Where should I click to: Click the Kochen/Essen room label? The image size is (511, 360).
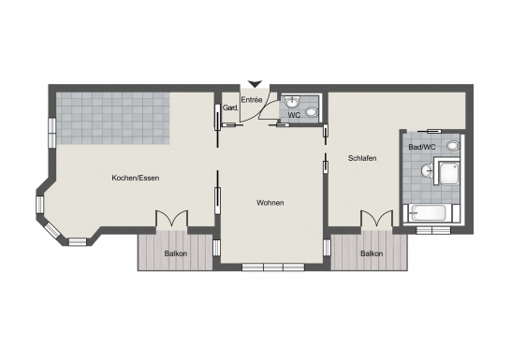tap(132, 178)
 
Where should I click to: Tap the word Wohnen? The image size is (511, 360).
tap(270, 203)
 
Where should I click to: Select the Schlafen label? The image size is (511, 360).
tap(362, 158)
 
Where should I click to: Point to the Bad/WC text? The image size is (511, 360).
tap(421, 147)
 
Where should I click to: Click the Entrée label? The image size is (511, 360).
tap(252, 99)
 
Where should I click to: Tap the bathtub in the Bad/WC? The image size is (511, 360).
tap(430, 213)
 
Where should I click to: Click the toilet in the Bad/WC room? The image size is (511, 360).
tap(454, 146)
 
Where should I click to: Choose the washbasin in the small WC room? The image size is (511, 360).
tap(294, 101)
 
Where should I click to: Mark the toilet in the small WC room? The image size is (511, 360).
tap(313, 113)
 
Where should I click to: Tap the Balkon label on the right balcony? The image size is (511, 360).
tap(372, 253)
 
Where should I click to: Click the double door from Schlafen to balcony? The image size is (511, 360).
tap(375, 221)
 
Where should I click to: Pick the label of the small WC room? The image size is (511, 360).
tap(294, 115)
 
